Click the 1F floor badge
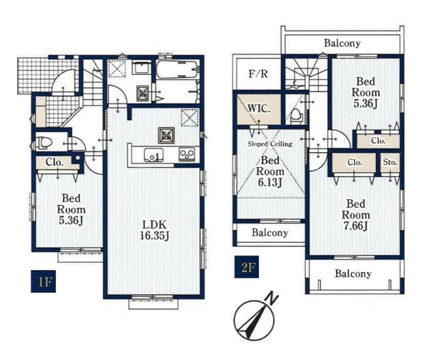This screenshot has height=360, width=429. click(43, 281)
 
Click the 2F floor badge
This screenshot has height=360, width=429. click(247, 267)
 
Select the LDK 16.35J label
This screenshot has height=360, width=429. click(154, 230)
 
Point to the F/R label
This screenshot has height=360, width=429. click(258, 74)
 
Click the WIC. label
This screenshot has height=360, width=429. click(259, 109)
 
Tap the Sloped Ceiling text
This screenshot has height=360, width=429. click(270, 144)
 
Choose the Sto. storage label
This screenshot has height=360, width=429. click(390, 162)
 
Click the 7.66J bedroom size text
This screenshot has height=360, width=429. click(355, 226)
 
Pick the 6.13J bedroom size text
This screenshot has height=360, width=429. click(270, 183)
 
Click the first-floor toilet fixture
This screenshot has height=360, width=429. click(44, 143)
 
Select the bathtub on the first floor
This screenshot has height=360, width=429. click(177, 69)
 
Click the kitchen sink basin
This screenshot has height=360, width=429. click(153, 155)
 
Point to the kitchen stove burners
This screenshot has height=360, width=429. click(187, 154)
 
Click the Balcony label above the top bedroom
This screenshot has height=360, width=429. click(342, 43)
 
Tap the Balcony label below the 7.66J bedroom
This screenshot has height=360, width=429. click(353, 274)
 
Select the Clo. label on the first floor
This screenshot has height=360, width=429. click(54, 162)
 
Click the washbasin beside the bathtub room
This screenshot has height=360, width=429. click(141, 66)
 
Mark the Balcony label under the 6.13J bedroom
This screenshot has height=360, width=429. click(270, 233)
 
